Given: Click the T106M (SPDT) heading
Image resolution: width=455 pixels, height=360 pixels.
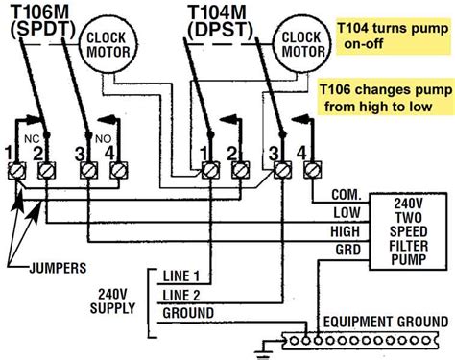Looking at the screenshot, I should pyautogui.click(x=41, y=26).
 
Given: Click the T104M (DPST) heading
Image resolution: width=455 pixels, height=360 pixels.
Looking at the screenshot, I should pyautogui.click(x=221, y=26).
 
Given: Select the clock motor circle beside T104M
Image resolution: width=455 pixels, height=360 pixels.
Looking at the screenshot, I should pyautogui.click(x=298, y=46).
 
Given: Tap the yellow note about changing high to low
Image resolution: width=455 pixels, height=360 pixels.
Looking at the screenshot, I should pyautogui.click(x=383, y=95).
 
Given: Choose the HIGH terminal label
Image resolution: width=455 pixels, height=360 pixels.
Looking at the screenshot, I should pyautogui.click(x=346, y=232).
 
